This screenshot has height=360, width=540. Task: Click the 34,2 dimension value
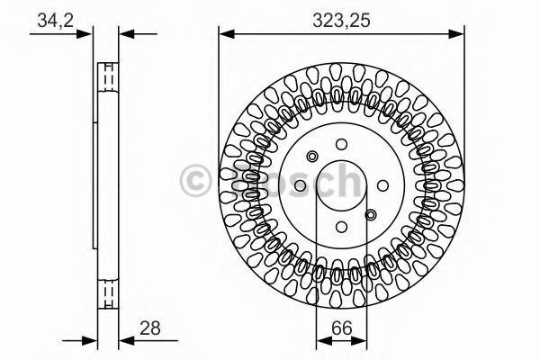point(56,21)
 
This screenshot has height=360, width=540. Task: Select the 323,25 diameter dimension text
point(341,21)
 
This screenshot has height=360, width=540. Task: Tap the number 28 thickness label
point(149,328)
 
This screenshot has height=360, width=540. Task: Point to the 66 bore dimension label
point(342,328)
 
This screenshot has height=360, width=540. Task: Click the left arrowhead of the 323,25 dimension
point(227,34)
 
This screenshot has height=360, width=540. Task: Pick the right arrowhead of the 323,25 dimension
point(456,34)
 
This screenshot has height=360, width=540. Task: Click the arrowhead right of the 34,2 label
point(85,34)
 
